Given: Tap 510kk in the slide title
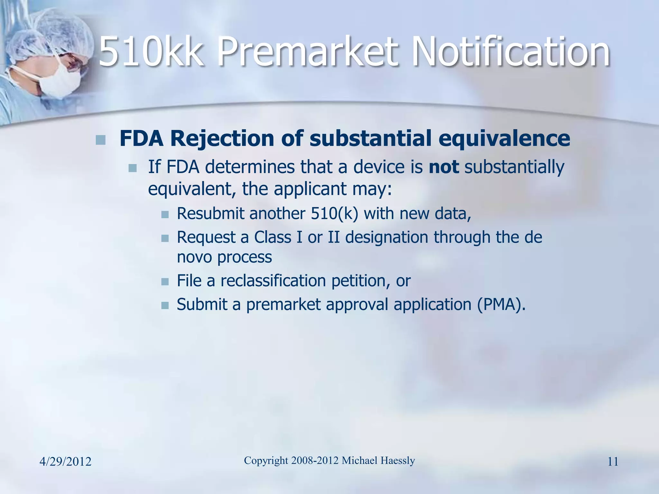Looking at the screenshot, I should pyautogui.click(x=151, y=51).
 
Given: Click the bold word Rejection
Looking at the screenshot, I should pyautogui.click(x=222, y=139).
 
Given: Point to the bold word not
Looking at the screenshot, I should pyautogui.click(x=444, y=167).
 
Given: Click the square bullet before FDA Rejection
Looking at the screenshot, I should pyautogui.click(x=101, y=140).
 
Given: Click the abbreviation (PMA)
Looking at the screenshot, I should pyautogui.click(x=501, y=304).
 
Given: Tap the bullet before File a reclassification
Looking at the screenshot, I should pyautogui.click(x=165, y=282).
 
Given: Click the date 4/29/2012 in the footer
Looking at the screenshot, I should pyautogui.click(x=65, y=462).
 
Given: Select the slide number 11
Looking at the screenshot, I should pyautogui.click(x=613, y=462).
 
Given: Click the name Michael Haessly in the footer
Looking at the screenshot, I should pyautogui.click(x=378, y=461).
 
